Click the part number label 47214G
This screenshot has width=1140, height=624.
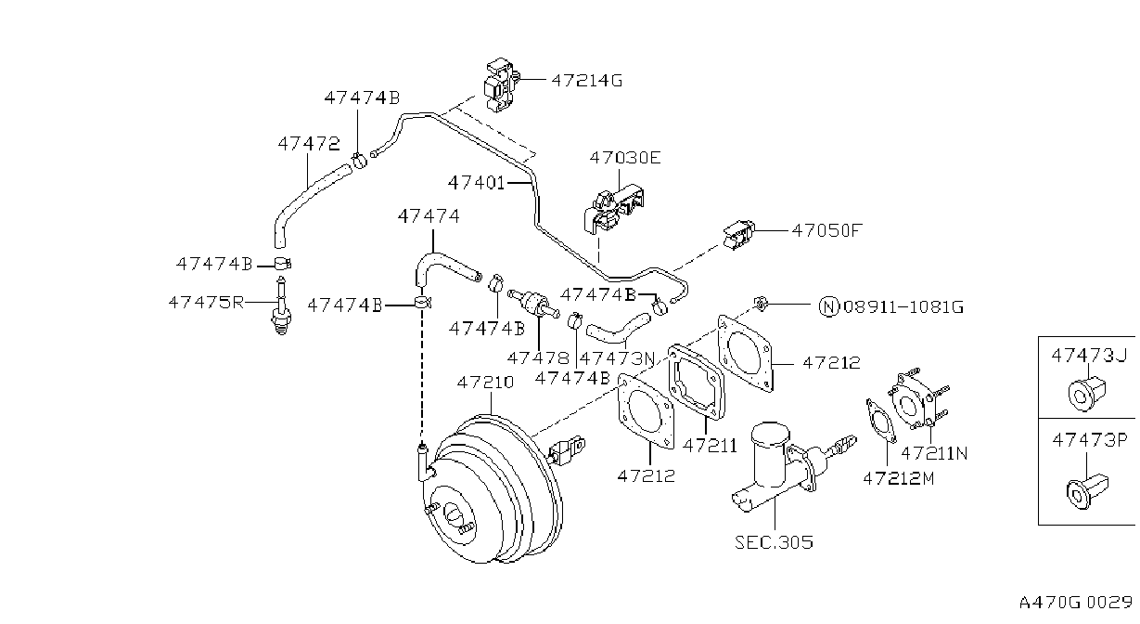[587, 81]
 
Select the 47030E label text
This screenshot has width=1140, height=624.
[625, 158]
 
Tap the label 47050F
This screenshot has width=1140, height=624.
[826, 231]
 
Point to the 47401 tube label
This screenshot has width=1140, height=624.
[477, 182]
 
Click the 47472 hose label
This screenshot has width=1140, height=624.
[309, 144]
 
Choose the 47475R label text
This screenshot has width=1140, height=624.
[207, 303]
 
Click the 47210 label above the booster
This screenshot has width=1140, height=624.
[485, 382]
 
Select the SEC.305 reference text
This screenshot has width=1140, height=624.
[774, 542]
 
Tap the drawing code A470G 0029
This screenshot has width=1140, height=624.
[1076, 603]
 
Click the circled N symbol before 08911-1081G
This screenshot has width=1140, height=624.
[828, 306]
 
